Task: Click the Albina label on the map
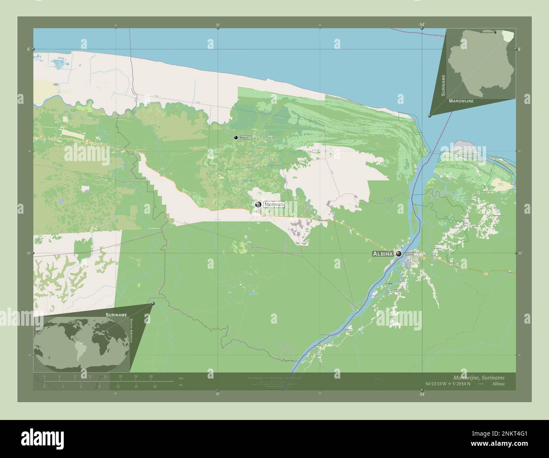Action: click(382, 254)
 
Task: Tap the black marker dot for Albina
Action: click(398, 254)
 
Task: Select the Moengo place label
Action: click(274, 204)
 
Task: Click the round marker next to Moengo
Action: click(258, 204)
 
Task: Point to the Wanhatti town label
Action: click(245, 138)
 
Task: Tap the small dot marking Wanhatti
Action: click(235, 137)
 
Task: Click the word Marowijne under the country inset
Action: click(461, 101)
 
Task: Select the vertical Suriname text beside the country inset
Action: click(443, 86)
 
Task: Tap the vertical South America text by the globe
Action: click(132, 332)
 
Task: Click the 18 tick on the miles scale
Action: click(155, 386)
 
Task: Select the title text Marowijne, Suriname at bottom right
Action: click(478, 377)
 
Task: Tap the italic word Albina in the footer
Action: click(498, 384)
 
